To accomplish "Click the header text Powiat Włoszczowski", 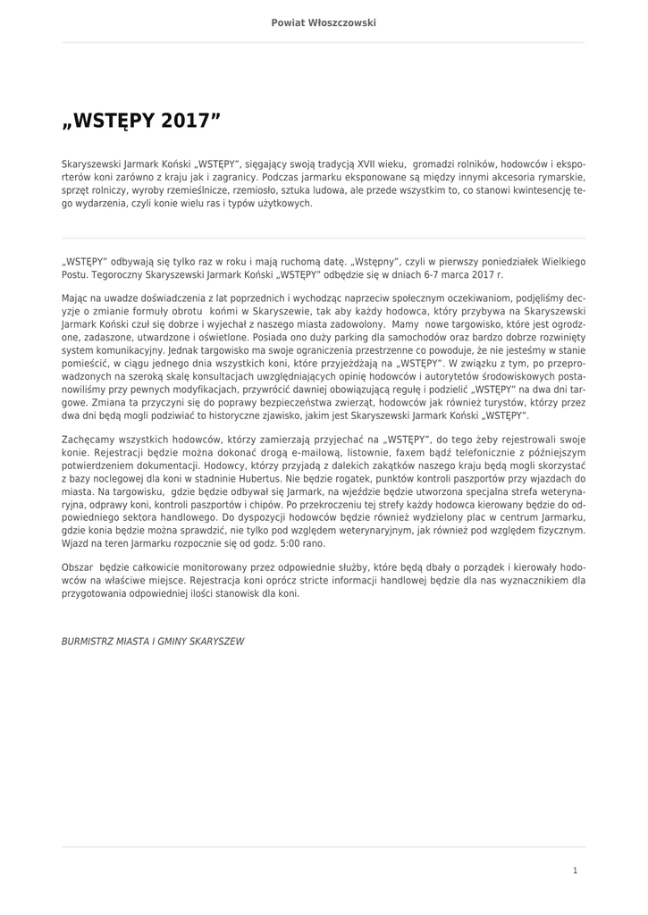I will coord(324,22).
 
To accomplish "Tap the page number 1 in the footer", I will coord(575,869).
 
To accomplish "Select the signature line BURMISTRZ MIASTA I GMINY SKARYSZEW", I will coord(152,642).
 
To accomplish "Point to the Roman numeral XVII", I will coord(366,164).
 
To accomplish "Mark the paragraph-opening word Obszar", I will coord(77,567).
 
